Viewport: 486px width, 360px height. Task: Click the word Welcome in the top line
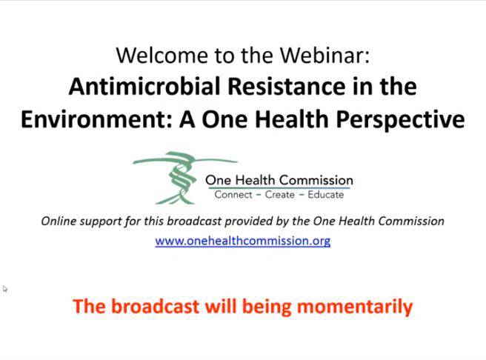162,55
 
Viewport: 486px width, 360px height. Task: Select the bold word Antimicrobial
144,86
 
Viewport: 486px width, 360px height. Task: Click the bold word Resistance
287,86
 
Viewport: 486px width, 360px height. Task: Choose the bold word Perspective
400,121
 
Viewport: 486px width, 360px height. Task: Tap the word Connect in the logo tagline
233,195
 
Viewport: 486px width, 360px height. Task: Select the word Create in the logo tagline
279,195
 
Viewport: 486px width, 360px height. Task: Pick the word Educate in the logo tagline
326,195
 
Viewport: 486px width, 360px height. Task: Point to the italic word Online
59,221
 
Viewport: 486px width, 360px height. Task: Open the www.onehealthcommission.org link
243,241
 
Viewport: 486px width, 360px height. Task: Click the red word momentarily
355,307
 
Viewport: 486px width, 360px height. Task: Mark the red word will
221,307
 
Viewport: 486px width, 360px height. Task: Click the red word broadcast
155,307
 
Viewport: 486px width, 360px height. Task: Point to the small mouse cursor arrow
5,289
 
